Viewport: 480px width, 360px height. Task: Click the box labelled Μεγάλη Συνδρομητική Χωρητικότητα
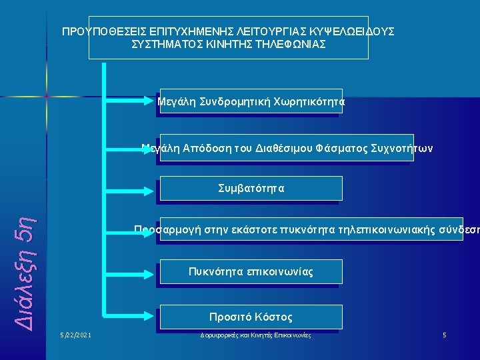[249, 102]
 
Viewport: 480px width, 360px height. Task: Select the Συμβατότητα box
[251, 189]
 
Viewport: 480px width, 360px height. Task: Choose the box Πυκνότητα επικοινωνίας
[251, 272]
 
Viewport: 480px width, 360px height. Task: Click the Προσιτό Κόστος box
[251, 317]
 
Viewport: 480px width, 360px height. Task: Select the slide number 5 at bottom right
[445, 334]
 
